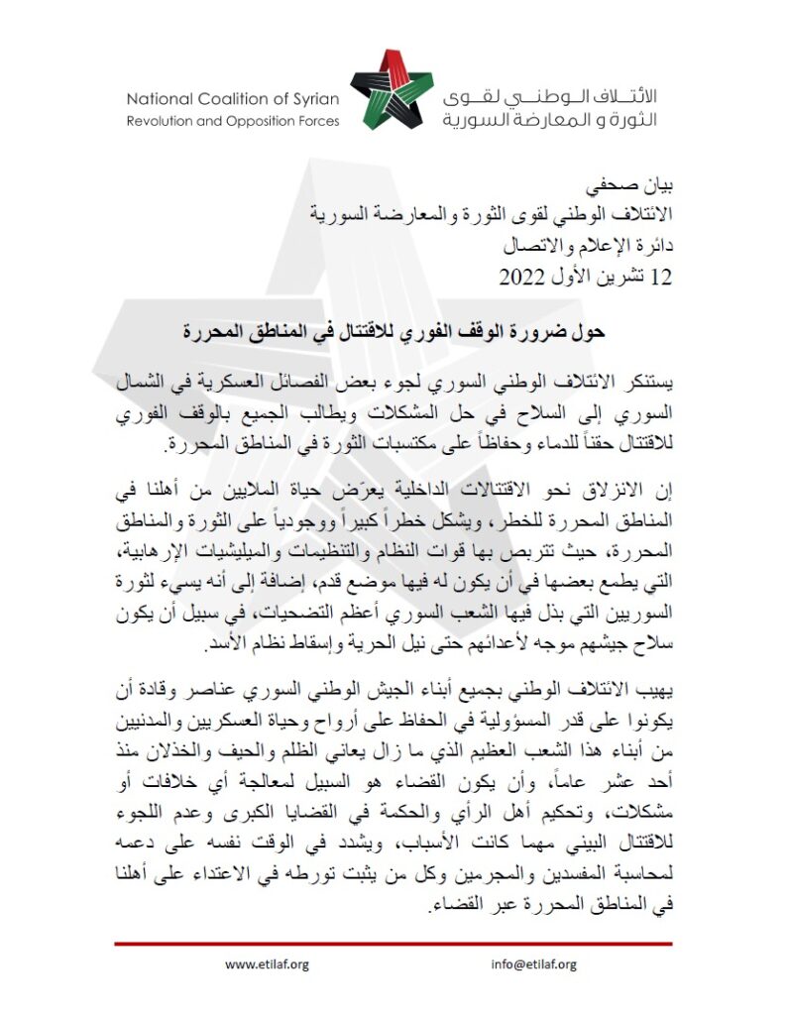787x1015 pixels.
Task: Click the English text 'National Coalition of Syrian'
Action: point(233,98)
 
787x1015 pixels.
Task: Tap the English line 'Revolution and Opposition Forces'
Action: point(233,121)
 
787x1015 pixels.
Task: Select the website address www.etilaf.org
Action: point(268,963)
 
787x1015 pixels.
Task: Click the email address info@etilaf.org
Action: point(533,963)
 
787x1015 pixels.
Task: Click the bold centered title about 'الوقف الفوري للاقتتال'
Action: point(393,331)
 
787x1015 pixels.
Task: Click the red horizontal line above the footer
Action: point(393,944)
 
